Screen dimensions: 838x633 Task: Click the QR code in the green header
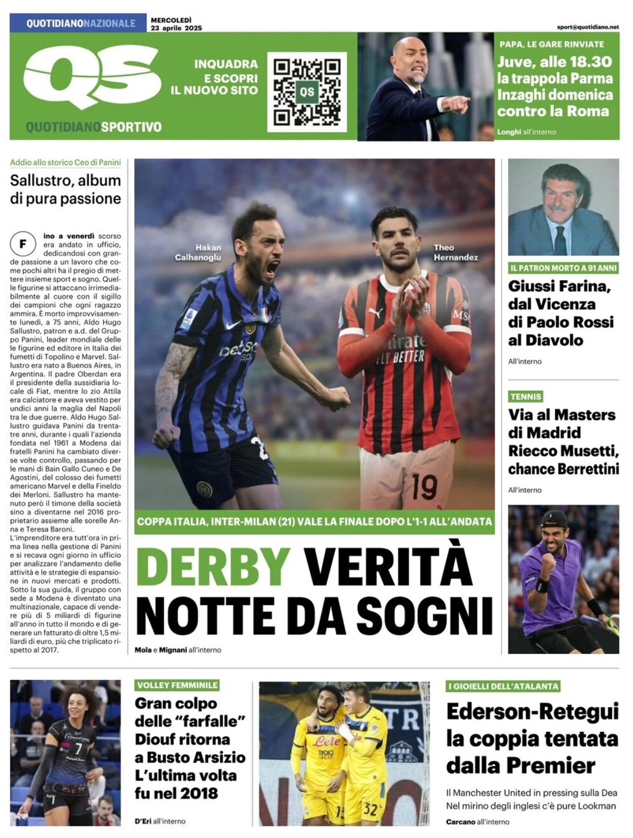click(307, 92)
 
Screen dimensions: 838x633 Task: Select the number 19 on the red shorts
click(424, 486)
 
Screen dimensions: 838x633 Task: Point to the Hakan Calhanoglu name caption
click(198, 252)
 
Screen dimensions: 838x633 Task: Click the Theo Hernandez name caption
click(455, 252)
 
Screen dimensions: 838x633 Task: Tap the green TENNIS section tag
click(526, 396)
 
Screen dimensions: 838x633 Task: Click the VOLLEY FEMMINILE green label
click(177, 685)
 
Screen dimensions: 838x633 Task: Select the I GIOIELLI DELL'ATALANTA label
click(504, 685)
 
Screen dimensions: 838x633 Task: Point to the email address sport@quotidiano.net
click(587, 27)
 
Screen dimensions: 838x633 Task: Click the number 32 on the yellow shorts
click(369, 809)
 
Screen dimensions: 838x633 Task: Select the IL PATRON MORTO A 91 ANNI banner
click(562, 268)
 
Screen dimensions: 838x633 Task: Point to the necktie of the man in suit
click(560, 240)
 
